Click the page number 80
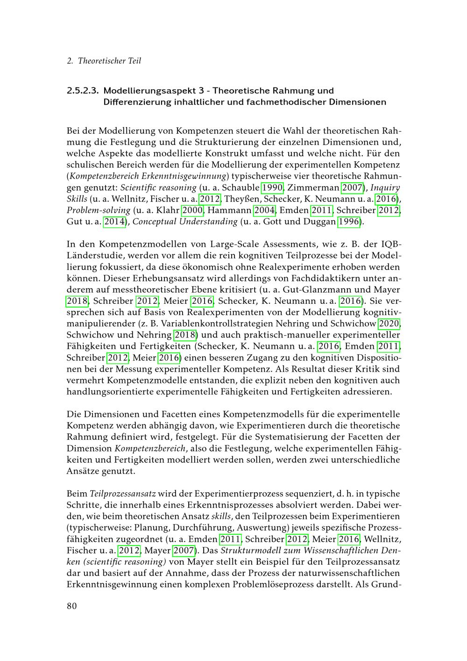click(x=71, y=606)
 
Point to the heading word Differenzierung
click(x=141, y=101)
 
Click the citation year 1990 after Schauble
click(x=272, y=187)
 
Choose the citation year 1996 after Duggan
click(x=349, y=221)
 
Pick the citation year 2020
click(x=389, y=323)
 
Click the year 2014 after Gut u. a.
click(x=114, y=221)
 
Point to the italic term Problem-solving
click(x=98, y=210)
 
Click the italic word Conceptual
click(x=156, y=221)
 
